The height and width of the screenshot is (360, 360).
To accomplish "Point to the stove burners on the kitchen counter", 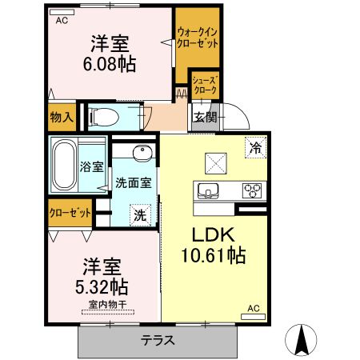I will coord(254,190).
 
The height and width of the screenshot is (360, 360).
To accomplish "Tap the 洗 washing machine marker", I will coord(140,214).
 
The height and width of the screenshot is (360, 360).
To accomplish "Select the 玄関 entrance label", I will coord(203,118).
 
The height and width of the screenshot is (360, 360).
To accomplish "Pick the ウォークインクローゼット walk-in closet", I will coord(196,38).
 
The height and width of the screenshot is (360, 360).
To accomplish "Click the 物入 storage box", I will coord(62,117).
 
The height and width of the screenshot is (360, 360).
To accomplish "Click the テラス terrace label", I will coord(158,339).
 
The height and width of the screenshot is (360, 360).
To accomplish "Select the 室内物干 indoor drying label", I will coord(105,305).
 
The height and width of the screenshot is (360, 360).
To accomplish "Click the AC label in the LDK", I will coord(253,308).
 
